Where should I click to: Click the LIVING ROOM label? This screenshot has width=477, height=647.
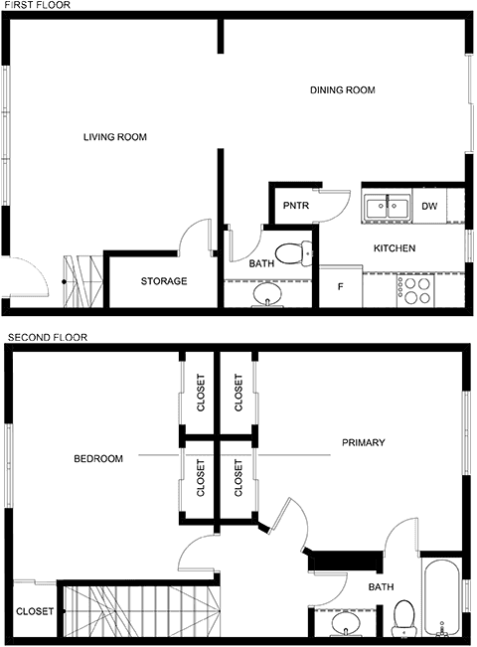(115, 137)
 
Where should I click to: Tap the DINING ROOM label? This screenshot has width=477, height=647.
(343, 90)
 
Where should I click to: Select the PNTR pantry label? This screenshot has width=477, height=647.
(296, 206)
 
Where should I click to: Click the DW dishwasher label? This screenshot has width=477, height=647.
(429, 206)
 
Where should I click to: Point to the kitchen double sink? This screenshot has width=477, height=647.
(387, 206)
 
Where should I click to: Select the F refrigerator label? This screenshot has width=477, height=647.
(341, 286)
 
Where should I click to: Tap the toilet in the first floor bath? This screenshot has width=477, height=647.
(293, 253)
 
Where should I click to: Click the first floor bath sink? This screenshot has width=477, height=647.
(267, 295)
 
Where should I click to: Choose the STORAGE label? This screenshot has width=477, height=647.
(164, 281)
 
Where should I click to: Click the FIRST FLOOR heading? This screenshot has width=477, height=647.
(37, 5)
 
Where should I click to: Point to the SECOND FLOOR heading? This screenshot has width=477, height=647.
(48, 338)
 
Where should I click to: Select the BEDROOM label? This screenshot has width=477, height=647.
(98, 458)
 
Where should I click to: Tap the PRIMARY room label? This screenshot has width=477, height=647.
(363, 442)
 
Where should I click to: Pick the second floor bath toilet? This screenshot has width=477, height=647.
(404, 618)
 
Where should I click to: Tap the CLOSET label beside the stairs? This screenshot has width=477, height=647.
(35, 611)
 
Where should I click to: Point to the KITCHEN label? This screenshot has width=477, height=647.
(395, 248)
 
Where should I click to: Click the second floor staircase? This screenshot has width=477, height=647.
(142, 611)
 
